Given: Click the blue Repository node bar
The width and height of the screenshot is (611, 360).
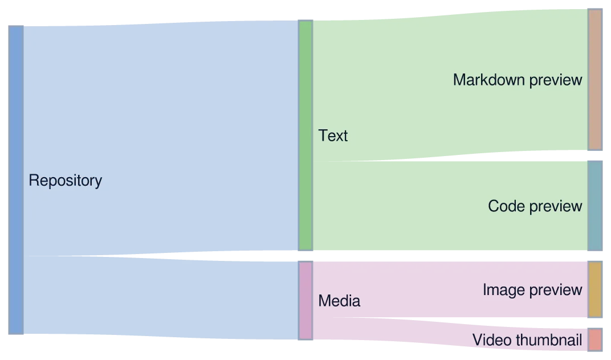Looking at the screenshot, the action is coord(16,180).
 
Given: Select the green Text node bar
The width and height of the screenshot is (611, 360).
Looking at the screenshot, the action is coord(305,135).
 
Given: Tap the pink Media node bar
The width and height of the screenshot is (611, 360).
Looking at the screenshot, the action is coord(305,300).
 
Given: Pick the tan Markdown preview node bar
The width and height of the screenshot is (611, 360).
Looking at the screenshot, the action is coord(595,80).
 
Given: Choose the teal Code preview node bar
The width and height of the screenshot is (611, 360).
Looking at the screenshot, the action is coord(595,206).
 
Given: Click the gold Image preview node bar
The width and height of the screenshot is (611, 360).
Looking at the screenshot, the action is coord(595,289).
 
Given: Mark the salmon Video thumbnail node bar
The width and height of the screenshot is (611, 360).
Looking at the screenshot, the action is coord(595,339).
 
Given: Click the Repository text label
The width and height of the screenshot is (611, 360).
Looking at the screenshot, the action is coord(66,181).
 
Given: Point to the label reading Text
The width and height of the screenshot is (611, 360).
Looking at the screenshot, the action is coord(333,136).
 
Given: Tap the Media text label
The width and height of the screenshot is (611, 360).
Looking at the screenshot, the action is coord(339,301).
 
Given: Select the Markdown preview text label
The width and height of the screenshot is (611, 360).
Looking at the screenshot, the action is coord(518,80).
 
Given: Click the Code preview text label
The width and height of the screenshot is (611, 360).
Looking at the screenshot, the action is coord(535,206).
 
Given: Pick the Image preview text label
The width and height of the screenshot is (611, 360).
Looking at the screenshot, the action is coord(532,290).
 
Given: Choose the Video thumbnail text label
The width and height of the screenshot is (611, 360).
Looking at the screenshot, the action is coord(527,340).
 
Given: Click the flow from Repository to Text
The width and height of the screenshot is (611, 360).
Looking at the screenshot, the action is coord(161,138).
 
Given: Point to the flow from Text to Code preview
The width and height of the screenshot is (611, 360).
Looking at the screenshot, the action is coord(450,206).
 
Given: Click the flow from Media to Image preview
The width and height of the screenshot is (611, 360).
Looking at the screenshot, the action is coord(450,289).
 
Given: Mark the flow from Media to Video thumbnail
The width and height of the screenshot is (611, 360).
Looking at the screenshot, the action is coord(450,332).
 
